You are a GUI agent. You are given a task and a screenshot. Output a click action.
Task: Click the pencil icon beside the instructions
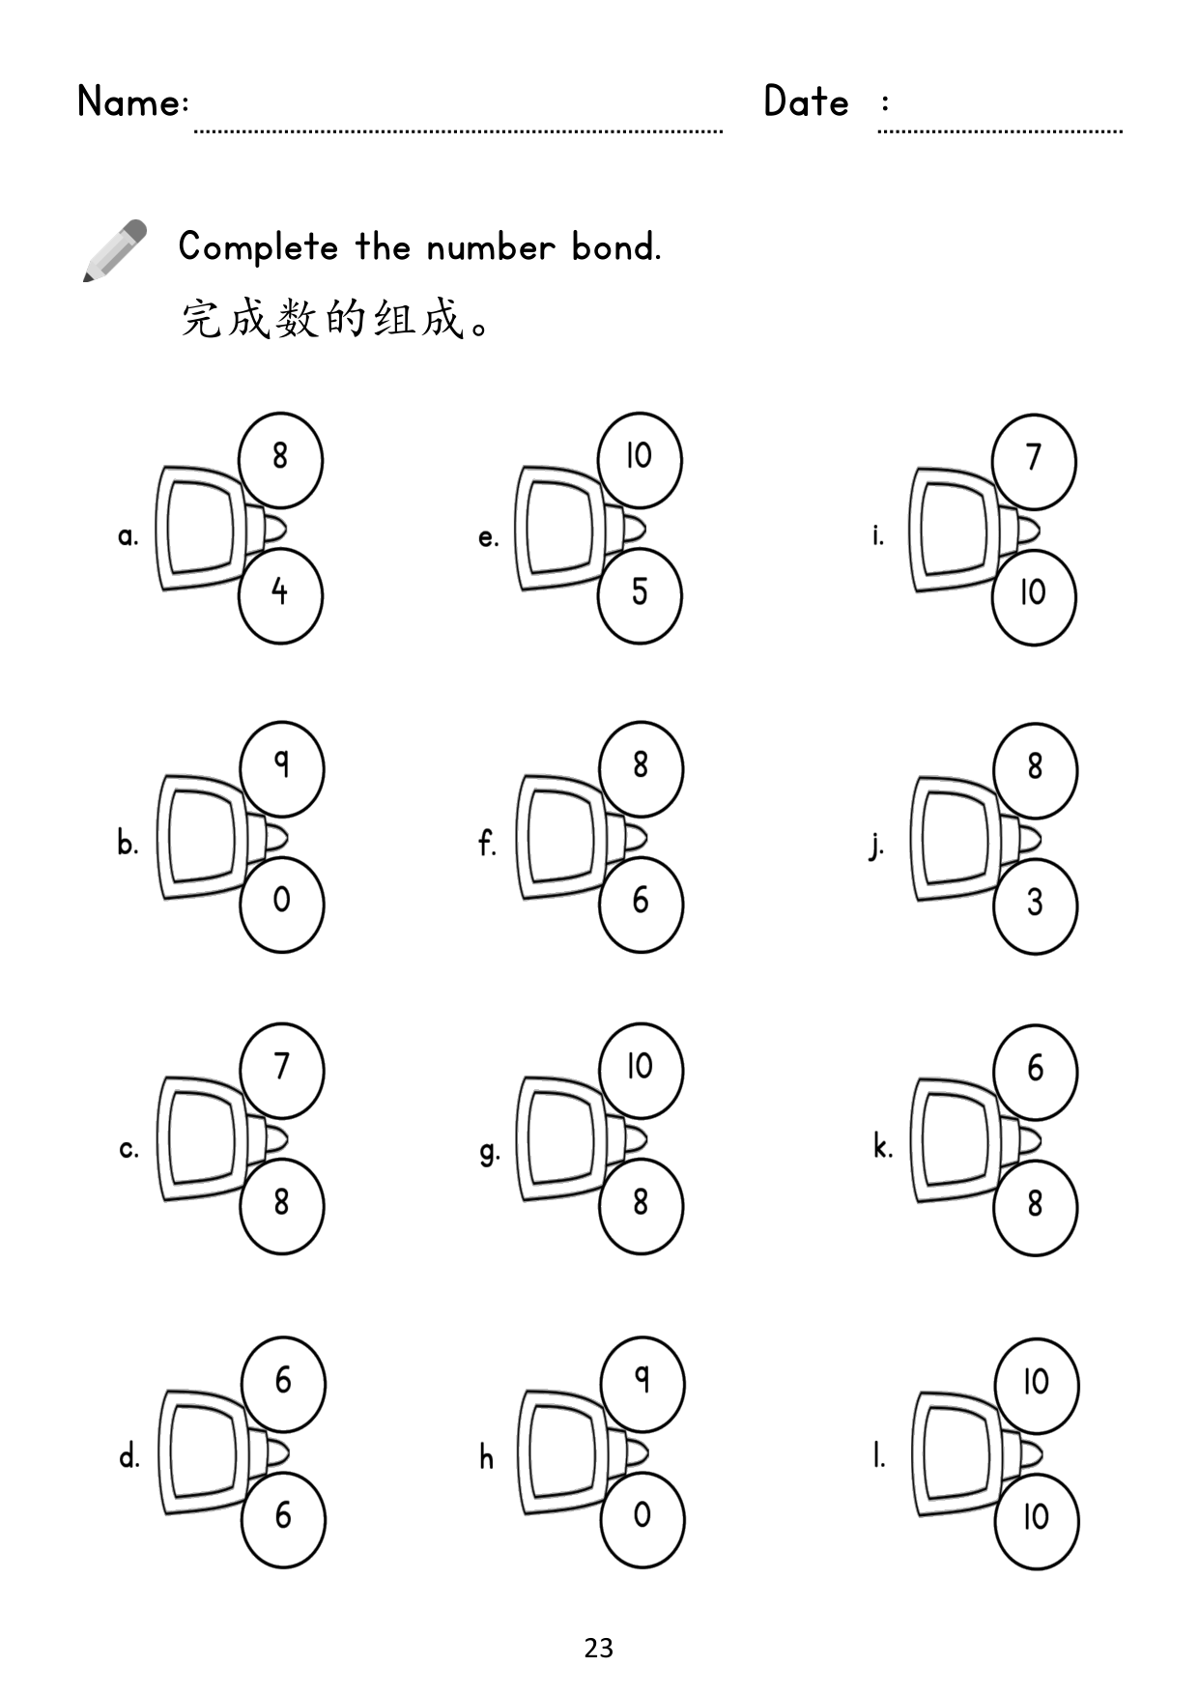tap(114, 250)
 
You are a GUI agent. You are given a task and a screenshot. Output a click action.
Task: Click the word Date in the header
tap(806, 101)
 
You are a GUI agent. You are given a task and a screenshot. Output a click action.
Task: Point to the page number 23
tap(599, 1648)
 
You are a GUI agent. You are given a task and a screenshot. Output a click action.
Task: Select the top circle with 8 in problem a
tap(280, 460)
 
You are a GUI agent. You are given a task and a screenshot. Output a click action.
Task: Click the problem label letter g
tap(489, 1151)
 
